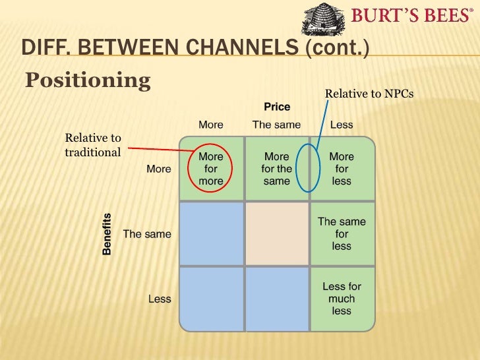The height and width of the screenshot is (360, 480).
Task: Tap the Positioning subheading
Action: pos(88,80)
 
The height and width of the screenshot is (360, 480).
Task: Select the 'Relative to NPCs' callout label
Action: pos(369,94)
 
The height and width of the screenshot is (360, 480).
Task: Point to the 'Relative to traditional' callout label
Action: pos(93,145)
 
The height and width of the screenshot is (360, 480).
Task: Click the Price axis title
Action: pos(277,107)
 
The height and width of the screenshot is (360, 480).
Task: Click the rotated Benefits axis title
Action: pos(107,233)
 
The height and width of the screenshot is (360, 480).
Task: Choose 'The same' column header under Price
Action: pos(276,125)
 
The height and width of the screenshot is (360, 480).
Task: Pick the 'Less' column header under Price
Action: pos(342,125)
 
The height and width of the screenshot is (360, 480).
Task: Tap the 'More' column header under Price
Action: pos(211,125)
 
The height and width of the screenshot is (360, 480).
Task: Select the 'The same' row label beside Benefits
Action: pos(147,234)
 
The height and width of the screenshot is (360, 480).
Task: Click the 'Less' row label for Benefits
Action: pos(160,299)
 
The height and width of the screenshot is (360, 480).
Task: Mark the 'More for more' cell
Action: pos(211,169)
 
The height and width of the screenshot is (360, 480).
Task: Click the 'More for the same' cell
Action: pos(276,169)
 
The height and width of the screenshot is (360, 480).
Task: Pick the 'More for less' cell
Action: pos(342,169)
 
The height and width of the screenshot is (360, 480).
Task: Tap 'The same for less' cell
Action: pos(342,234)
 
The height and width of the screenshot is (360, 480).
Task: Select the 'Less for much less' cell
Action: pos(342,299)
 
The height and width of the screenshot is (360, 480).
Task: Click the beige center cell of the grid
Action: pos(276,234)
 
